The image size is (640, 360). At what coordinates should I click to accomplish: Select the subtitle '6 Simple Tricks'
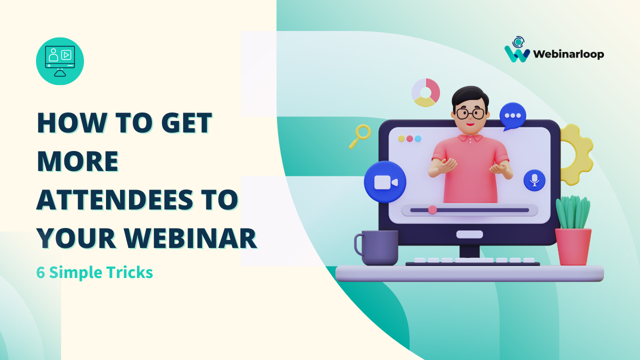point(94,273)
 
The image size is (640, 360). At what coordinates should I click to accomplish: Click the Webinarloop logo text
point(568,54)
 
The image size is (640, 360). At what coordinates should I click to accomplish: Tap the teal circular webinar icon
point(60,61)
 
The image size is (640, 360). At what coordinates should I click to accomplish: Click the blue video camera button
point(384,182)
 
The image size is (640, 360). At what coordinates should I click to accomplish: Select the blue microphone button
point(534,180)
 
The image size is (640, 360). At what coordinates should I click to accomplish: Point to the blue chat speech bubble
point(512,115)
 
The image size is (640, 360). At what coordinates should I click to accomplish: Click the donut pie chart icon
point(425,92)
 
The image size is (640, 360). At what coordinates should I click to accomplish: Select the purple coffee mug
point(378,247)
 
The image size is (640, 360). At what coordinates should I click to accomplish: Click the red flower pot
point(573,246)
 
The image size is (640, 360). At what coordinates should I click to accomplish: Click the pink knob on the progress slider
point(432,209)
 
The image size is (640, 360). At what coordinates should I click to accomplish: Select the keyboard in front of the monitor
point(472,261)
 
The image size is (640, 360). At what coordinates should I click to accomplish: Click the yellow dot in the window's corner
point(401,138)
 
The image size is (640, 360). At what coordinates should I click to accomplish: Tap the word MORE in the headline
point(77,161)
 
